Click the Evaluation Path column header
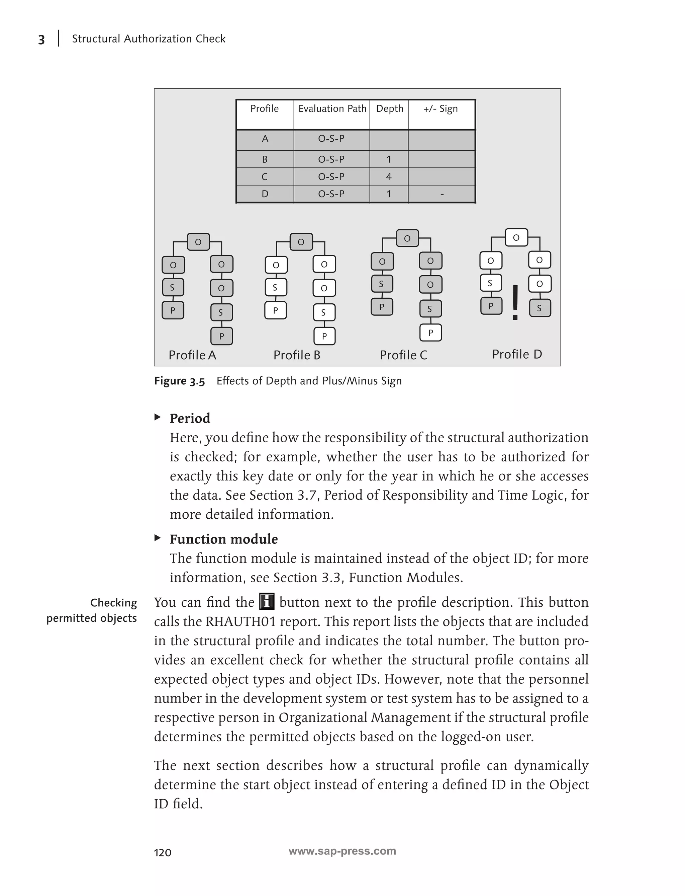pyautogui.click(x=332, y=108)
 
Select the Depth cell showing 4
pyautogui.click(x=389, y=177)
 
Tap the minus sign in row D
pyautogui.click(x=442, y=194)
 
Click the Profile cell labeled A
pyautogui.click(x=265, y=139)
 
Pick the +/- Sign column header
pyautogui.click(x=441, y=108)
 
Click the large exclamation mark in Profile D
pyautogui.click(x=515, y=302)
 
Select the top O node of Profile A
pyautogui.click(x=198, y=242)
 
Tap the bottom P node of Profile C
pyautogui.click(x=430, y=333)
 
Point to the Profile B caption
pyautogui.click(x=297, y=355)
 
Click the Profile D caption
pyautogui.click(x=517, y=354)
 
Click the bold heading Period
pyautogui.click(x=190, y=419)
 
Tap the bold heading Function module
pyautogui.click(x=223, y=539)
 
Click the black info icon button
pyautogui.click(x=267, y=602)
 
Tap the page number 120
pyautogui.click(x=162, y=852)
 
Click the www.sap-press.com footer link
pyautogui.click(x=342, y=851)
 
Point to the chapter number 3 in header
pyautogui.click(x=41, y=40)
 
